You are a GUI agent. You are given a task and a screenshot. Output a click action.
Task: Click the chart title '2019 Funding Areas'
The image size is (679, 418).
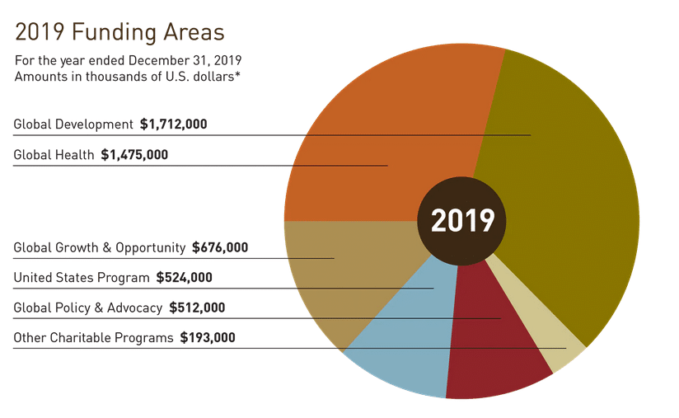[119, 33]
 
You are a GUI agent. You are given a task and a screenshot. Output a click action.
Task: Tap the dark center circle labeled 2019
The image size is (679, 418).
[462, 221]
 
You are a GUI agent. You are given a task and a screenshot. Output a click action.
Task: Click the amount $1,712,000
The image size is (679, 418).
[173, 124]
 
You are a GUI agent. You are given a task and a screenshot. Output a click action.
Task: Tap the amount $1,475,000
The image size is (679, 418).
[134, 154]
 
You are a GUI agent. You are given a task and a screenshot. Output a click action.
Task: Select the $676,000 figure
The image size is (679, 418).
[219, 247]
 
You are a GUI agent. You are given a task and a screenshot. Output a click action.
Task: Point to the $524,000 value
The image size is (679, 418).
[184, 277]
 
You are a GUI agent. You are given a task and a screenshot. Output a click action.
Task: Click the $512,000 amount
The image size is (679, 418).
[197, 308]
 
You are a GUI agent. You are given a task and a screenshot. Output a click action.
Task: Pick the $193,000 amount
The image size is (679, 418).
[208, 337]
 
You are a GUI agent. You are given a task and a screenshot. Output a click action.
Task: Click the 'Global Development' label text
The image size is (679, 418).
[73, 124]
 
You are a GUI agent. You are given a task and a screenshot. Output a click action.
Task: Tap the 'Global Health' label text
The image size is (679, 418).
[54, 154]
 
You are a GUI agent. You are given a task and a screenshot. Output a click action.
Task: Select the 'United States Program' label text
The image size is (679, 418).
[82, 277]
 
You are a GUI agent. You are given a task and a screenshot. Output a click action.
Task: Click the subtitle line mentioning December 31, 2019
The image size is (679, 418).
[128, 61]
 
